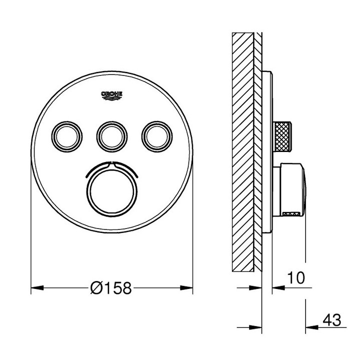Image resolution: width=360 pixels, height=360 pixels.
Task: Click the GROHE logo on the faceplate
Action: [112, 95]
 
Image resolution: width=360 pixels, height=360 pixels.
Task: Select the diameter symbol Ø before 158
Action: [97, 288]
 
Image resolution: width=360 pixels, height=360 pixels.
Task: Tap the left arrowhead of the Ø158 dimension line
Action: [35, 288]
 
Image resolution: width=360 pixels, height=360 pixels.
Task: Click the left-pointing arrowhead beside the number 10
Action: [275, 288]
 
